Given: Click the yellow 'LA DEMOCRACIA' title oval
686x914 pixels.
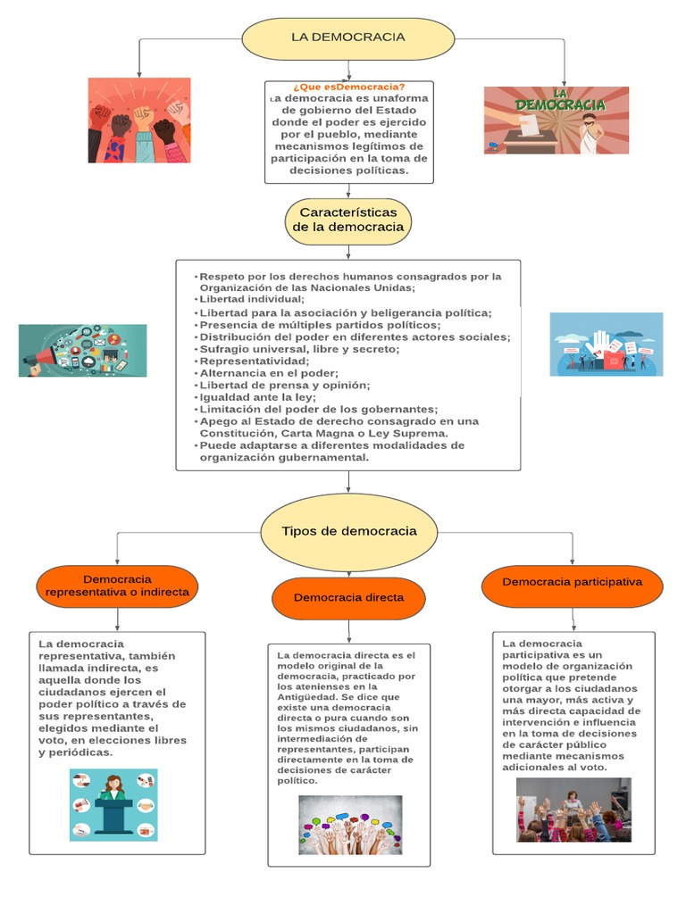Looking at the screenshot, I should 348,37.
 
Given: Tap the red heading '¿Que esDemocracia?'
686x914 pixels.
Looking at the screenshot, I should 348,87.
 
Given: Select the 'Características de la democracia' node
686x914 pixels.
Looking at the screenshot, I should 348,220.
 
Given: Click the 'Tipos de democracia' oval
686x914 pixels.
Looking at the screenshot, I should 348,532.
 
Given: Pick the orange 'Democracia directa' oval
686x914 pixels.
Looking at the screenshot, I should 348,598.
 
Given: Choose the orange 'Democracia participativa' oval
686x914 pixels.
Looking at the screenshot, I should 572,583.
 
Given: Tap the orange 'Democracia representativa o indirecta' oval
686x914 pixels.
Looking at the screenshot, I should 117,586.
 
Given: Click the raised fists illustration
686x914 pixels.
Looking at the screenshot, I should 139,120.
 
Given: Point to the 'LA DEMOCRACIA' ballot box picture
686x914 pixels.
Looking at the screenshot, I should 556,120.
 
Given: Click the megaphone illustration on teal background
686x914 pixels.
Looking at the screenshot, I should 82,350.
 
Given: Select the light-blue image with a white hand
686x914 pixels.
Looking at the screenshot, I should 606,344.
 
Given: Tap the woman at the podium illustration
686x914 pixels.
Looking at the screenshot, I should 113,804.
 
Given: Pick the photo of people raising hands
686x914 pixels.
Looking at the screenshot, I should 573,810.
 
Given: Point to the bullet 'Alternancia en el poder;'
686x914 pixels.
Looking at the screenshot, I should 255,373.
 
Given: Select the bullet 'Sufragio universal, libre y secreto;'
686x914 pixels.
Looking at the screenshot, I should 287,349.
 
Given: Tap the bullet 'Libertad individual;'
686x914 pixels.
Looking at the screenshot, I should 239,300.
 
